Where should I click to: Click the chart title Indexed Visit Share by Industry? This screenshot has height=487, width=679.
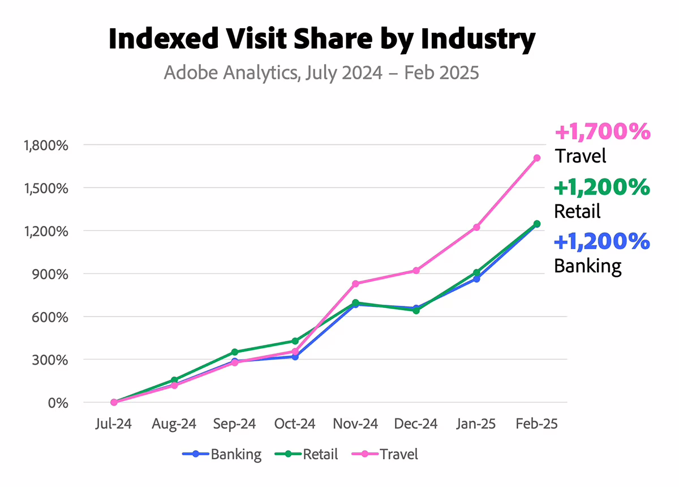pos(322,39)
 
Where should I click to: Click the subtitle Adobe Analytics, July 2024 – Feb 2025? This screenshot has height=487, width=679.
pos(321,73)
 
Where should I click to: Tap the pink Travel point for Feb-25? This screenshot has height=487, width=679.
pos(537,158)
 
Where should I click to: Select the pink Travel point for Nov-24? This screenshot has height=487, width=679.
pos(355,284)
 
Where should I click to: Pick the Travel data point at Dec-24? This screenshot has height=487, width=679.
pos(416,270)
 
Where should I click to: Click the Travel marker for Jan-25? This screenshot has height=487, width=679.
pos(476,227)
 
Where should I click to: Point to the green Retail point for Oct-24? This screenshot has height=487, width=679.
pos(295,341)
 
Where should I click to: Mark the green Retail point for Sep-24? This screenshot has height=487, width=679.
pos(235,352)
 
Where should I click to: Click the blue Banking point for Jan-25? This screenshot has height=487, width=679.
pos(476,279)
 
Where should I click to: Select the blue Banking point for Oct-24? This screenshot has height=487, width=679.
pos(295,357)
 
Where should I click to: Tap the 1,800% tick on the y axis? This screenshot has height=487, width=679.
pos(46,146)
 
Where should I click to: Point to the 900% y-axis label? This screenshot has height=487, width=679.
pos(50,274)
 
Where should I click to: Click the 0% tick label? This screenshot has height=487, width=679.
pos(58,403)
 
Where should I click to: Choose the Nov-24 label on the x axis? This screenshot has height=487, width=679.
pos(355,424)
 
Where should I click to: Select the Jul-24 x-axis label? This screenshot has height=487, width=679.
pos(113,424)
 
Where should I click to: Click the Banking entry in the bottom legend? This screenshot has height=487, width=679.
pos(222,454)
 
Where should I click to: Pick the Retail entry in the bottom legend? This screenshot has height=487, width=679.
pos(306,454)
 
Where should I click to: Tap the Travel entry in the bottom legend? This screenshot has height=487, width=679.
pos(385,454)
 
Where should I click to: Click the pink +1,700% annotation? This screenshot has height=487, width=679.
pos(603,132)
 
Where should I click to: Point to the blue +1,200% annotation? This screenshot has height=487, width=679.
pos(602,242)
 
